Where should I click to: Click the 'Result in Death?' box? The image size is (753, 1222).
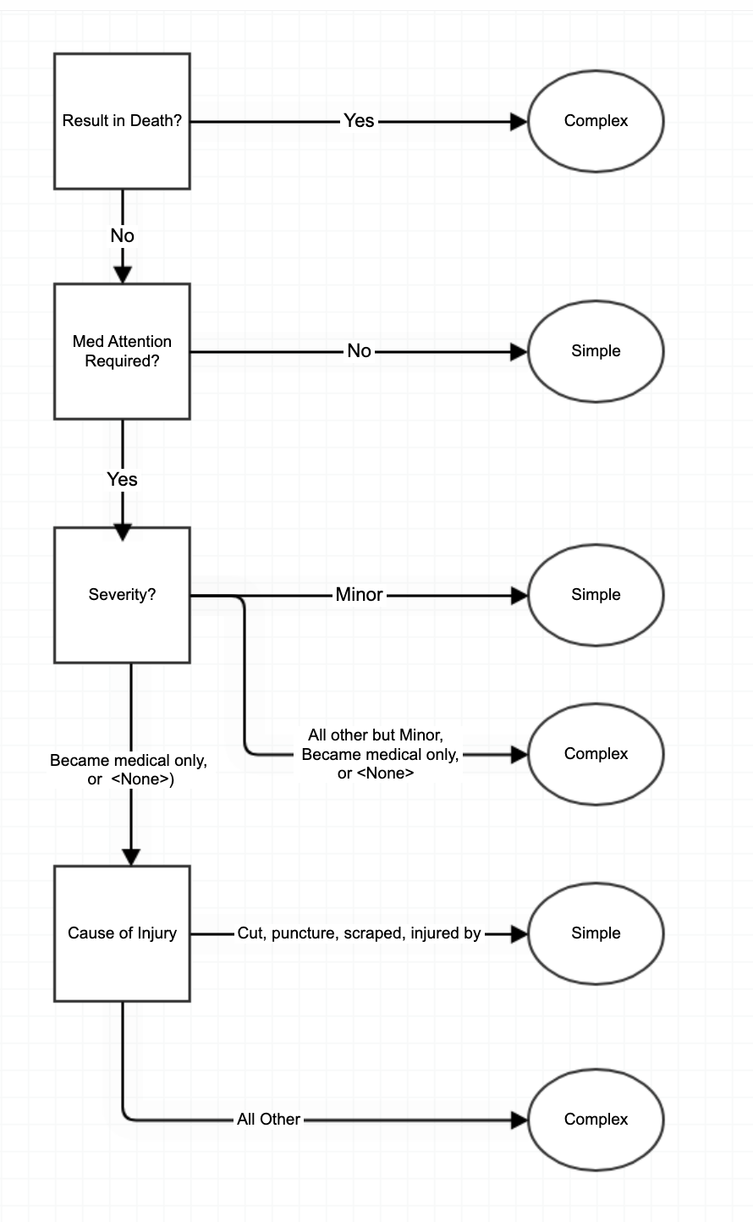tap(122, 121)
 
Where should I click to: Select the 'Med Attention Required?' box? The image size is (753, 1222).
tap(122, 351)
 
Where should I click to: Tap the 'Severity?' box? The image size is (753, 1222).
tap(122, 595)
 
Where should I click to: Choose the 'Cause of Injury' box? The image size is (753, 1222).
tap(122, 933)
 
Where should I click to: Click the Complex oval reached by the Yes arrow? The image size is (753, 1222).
tap(596, 121)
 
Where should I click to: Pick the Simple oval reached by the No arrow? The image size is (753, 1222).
tap(596, 351)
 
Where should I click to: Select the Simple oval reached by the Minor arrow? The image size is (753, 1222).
tap(596, 595)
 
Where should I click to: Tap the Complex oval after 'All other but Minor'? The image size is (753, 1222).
tap(596, 754)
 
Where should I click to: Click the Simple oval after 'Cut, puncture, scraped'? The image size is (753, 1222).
tap(596, 933)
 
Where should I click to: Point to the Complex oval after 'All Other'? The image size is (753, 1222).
tap(596, 1120)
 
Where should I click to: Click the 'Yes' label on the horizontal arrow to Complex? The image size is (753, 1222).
tap(359, 121)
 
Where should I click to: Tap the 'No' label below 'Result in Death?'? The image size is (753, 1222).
tap(122, 235)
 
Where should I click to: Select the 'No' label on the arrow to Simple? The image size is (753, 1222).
tap(359, 351)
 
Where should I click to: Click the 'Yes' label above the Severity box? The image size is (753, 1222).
tap(122, 479)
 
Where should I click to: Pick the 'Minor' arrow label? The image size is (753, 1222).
tap(359, 595)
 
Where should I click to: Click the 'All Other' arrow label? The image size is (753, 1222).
tap(268, 1120)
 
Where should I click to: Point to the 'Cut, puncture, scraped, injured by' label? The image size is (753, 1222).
tap(359, 933)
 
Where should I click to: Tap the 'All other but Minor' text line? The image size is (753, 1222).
tap(376, 735)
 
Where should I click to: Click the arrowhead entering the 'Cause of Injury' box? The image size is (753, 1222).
tap(131, 856)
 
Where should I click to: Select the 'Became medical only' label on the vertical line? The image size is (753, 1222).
tap(128, 761)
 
